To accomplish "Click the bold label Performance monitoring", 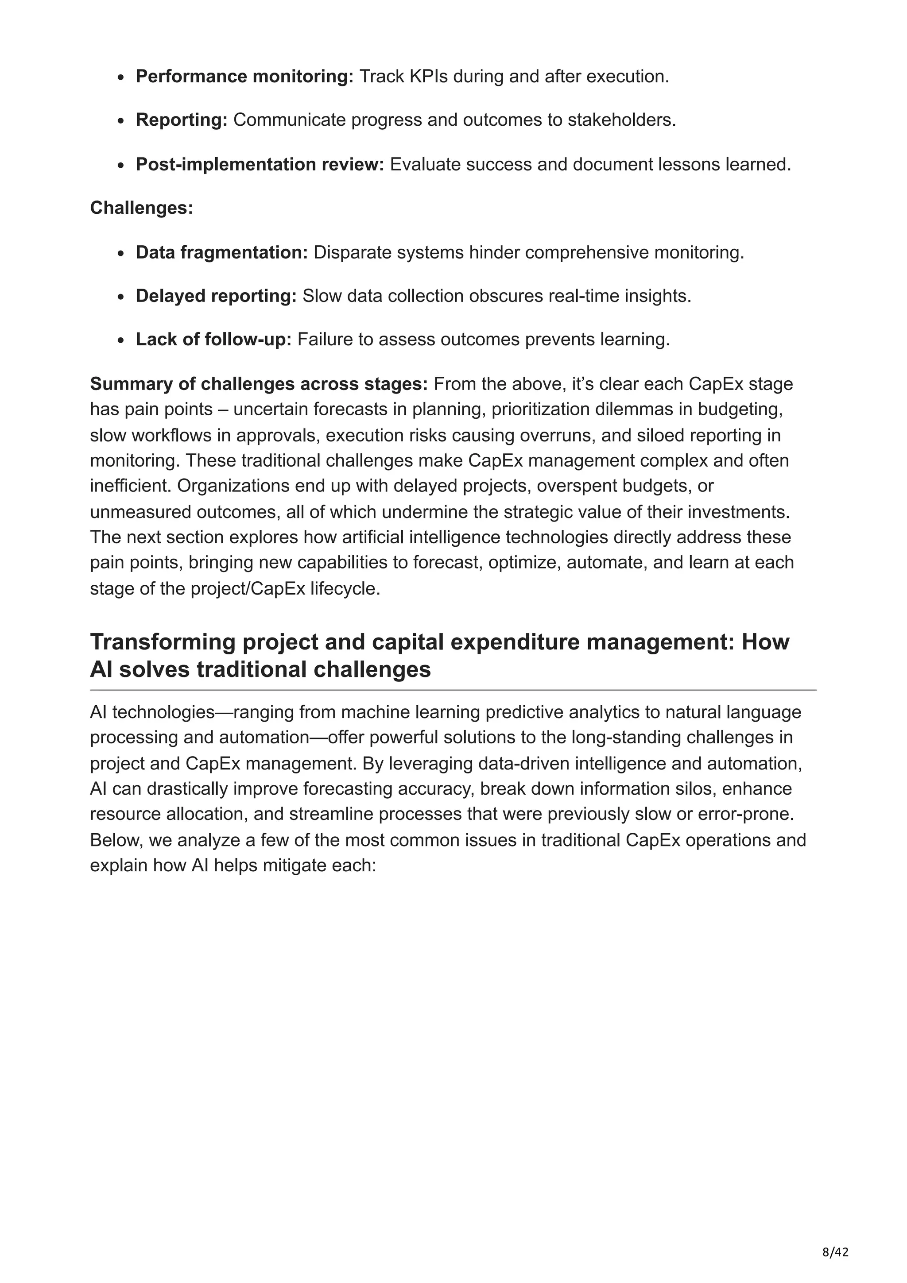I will point(244,77).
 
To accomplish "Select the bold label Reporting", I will point(181,120).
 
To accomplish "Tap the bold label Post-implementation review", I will point(260,164).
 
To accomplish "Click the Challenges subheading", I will point(141,208).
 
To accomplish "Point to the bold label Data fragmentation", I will point(221,253).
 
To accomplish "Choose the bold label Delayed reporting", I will point(216,296).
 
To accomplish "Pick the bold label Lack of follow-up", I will point(213,340).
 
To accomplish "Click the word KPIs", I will point(428,77).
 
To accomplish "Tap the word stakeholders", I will point(621,120).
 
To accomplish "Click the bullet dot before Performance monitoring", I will point(121,77).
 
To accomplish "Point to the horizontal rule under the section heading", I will point(453,691).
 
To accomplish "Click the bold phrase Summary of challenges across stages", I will point(259,384).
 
